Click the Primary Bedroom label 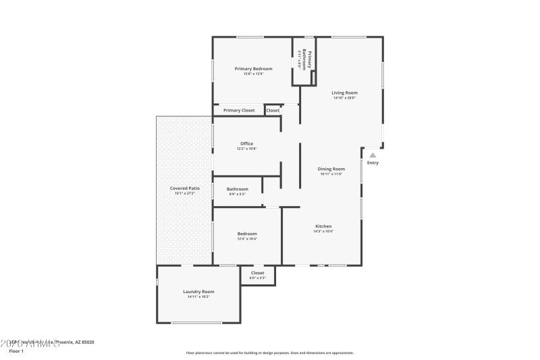253,69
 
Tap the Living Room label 344,93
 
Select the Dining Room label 331,169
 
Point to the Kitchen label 323,226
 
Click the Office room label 246,143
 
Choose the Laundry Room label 198,292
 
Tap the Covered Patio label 184,188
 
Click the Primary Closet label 239,110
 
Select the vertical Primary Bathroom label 304,61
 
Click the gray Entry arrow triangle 373,155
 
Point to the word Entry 373,163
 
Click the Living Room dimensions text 344,98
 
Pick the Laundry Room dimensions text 198,297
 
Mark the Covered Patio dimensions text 184,194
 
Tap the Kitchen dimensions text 323,232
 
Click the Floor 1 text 16,351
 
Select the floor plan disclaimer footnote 269,353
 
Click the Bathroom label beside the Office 237,189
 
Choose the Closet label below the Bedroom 257,273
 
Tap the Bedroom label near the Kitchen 246,234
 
